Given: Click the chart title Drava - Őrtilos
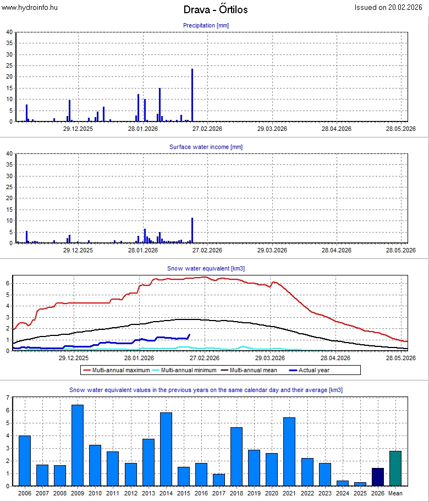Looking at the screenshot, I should pyautogui.click(x=215, y=10).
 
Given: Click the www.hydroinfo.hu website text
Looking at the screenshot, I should pyautogui.click(x=29, y=7).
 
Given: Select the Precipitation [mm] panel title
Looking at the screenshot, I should pyautogui.click(x=206, y=25).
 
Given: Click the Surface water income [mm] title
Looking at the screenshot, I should pyautogui.click(x=206, y=147).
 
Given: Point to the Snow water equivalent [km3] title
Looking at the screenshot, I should pyautogui.click(x=206, y=268).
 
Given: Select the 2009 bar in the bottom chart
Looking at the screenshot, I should pyautogui.click(x=78, y=445).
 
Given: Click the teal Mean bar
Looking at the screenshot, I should pyautogui.click(x=395, y=468).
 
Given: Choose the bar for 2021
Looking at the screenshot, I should pyautogui.click(x=289, y=451).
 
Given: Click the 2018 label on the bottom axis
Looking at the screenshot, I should pyautogui.click(x=237, y=493).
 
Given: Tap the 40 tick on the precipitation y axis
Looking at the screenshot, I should pyautogui.click(x=9, y=32).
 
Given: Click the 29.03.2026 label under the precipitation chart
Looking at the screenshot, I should pyautogui.click(x=272, y=129).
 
